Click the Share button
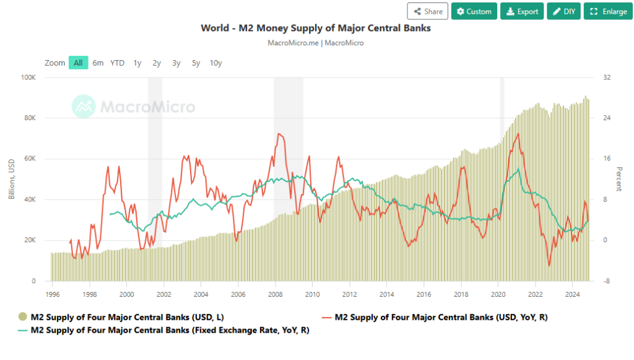(427, 11)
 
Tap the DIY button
(563, 11)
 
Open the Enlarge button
(609, 11)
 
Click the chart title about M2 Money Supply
(316, 28)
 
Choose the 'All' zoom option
(78, 63)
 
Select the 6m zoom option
(98, 63)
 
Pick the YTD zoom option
(117, 63)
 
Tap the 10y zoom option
(215, 63)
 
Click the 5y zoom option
(196, 63)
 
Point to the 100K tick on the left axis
(29, 77)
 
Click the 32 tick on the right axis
(607, 77)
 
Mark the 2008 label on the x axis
(276, 294)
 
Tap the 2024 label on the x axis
(573, 294)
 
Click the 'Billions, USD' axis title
(12, 180)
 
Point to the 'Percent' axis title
(619, 178)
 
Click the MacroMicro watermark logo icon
(84, 107)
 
